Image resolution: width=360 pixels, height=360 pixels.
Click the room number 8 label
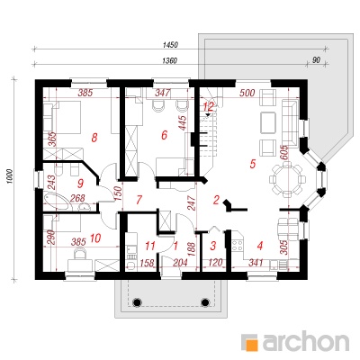pos(94,138)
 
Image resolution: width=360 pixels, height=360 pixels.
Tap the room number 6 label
pos(164,135)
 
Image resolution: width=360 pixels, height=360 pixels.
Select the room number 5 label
pos(252,164)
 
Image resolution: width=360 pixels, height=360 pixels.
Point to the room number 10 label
pos(95,238)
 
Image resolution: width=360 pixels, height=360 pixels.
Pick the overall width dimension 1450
pos(170,45)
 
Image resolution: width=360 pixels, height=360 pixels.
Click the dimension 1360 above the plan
pos(169,60)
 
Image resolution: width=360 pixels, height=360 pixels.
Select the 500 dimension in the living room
pos(247,93)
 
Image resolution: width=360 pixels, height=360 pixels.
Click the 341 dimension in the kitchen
pos(256,263)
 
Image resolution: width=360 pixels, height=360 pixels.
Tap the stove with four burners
pos(238,245)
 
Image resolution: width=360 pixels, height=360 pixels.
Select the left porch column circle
pos(136,302)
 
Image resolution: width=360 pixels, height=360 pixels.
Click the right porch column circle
pos(205,302)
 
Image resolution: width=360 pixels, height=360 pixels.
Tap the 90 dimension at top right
pos(316,60)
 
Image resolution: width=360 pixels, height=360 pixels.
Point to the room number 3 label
pos(212,246)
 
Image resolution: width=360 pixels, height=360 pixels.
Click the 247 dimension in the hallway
pos(193,203)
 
